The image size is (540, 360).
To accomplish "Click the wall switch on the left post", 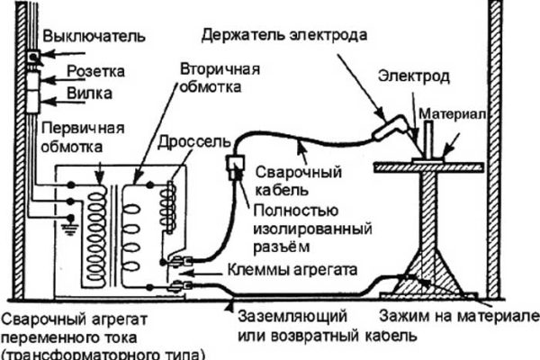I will [32, 56].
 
